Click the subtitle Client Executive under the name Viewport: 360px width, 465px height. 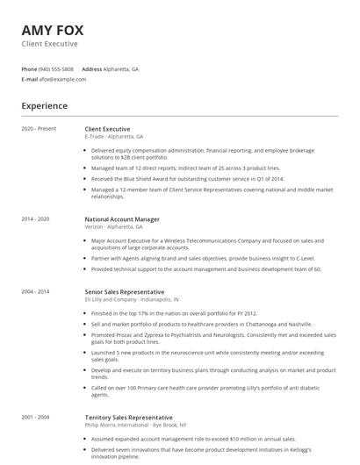pos(49,43)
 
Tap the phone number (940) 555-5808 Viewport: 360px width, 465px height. pos(56,68)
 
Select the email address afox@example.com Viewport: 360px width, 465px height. pos(62,79)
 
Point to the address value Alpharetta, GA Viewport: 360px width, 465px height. pos(120,68)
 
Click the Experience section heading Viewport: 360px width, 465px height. pos(44,106)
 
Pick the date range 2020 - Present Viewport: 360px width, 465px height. pos(39,129)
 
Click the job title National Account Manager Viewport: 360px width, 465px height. pos(122,218)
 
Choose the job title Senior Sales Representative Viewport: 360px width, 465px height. pos(124,291)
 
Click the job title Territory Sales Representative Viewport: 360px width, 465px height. pos(128,417)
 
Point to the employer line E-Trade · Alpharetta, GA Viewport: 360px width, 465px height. pos(114,136)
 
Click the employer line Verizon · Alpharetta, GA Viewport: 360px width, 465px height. pos(113,226)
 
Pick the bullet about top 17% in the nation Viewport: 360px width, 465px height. pos(172,312)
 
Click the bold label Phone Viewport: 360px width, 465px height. pos(29,68)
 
